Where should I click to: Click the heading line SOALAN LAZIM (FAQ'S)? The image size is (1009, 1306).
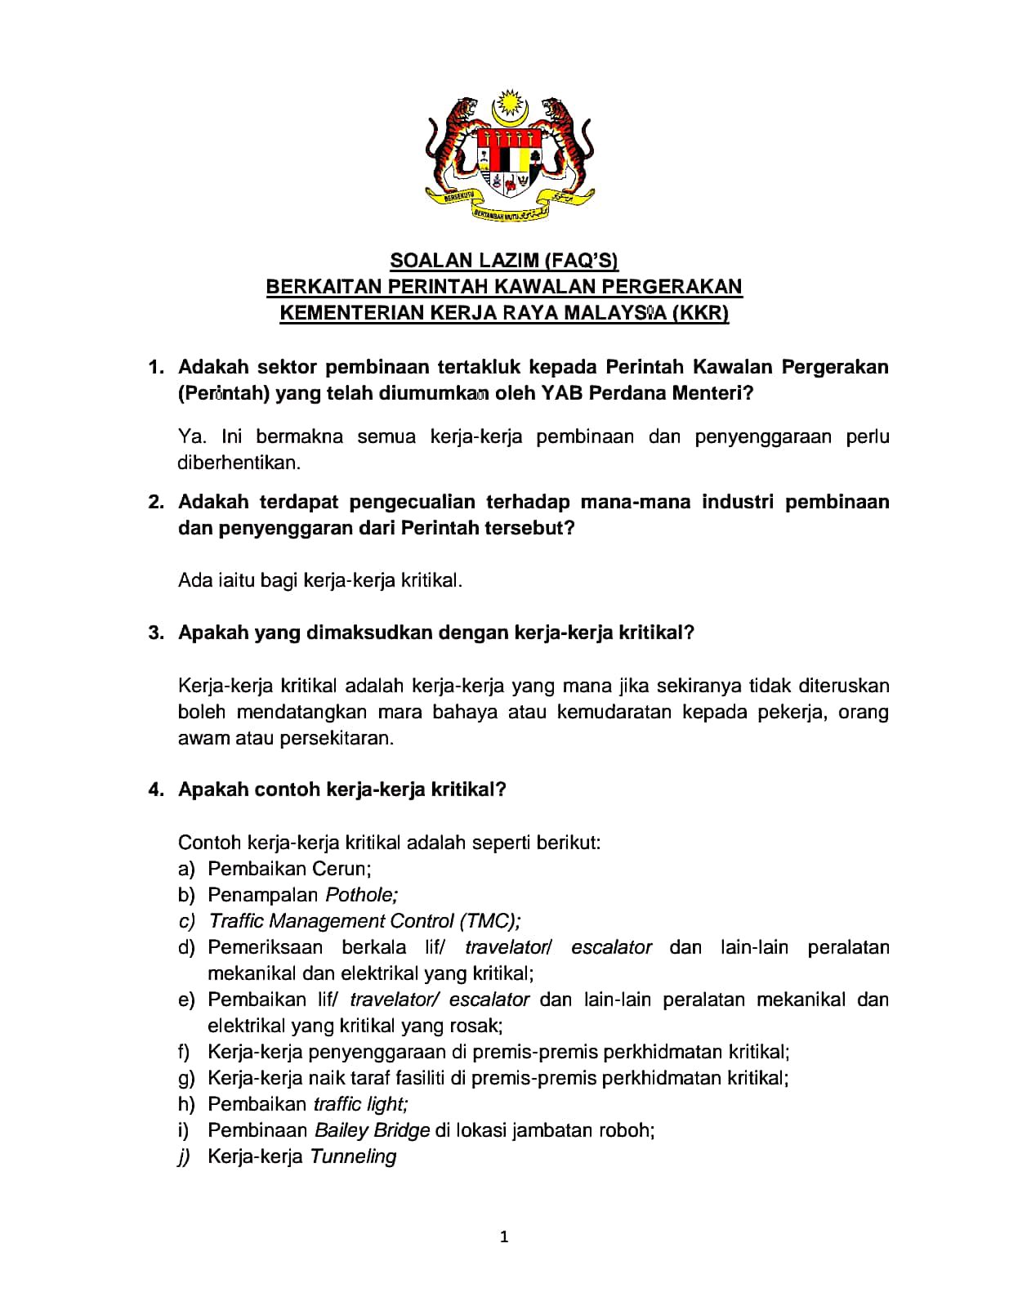(504, 261)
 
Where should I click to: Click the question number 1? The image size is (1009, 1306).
(156, 367)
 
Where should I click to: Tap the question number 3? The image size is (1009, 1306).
(156, 633)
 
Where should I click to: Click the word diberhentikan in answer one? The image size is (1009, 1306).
(238, 463)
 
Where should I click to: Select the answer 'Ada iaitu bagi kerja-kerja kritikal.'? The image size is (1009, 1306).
(320, 581)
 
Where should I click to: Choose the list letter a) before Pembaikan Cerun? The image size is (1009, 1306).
(186, 869)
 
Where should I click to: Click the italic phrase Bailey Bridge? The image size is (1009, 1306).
(372, 1130)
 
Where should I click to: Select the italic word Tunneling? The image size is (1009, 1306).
(353, 1156)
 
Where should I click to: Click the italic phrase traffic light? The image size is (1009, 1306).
(359, 1104)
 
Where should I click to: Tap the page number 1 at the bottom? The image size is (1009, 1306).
(504, 1237)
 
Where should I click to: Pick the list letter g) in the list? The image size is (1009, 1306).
(186, 1078)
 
